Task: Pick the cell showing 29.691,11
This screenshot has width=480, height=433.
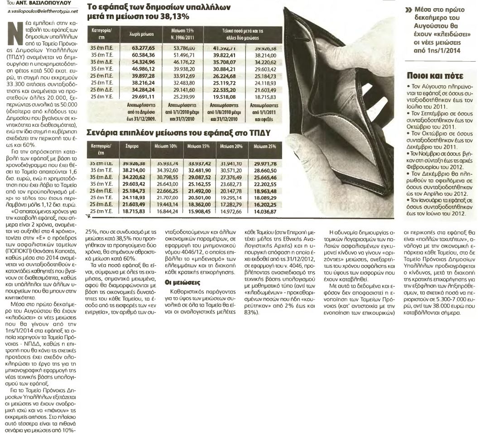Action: [x=143, y=96]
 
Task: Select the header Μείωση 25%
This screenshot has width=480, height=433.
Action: [x=265, y=147]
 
